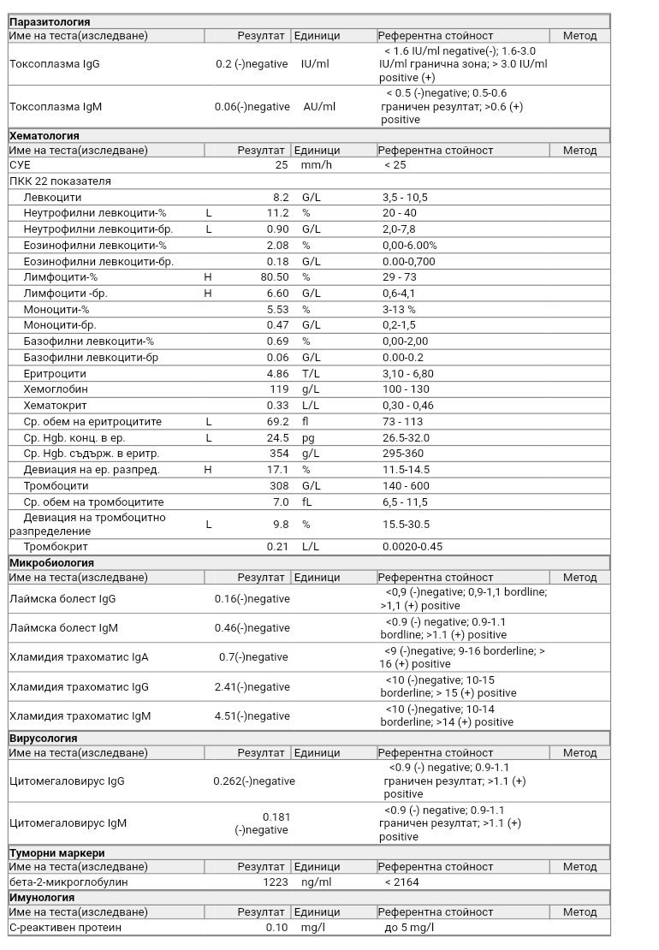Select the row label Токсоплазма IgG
(x=54, y=64)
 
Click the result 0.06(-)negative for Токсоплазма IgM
(x=252, y=107)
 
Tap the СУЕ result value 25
(x=282, y=165)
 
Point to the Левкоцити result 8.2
(x=281, y=198)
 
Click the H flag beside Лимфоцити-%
(x=208, y=277)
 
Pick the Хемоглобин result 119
(x=279, y=389)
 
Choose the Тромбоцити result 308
(x=279, y=486)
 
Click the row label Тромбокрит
(x=56, y=547)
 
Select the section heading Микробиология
(x=51, y=563)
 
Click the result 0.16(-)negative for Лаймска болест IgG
(x=252, y=599)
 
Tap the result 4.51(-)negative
(x=252, y=716)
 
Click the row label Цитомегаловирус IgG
(x=67, y=781)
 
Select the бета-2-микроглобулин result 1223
(x=277, y=882)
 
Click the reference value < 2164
(x=401, y=882)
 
